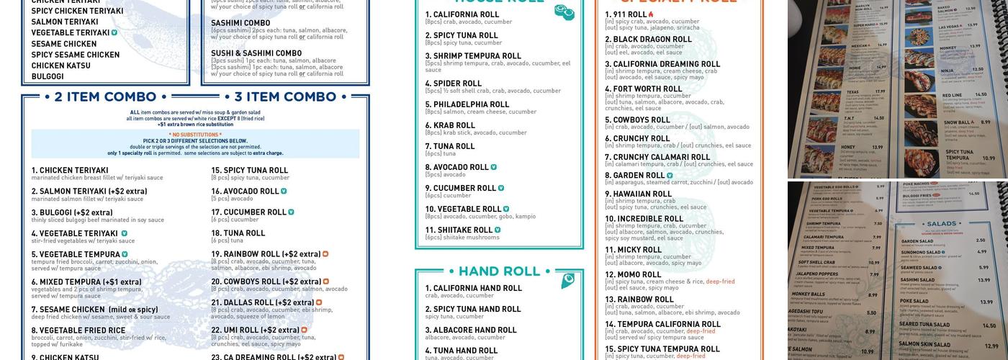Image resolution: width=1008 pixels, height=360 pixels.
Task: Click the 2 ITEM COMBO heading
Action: tap(106, 97)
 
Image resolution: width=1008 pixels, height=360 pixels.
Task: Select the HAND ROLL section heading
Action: tap(499, 271)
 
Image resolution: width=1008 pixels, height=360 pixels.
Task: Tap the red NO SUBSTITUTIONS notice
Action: tap(195, 135)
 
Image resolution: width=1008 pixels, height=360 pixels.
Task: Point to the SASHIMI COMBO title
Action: tap(240, 23)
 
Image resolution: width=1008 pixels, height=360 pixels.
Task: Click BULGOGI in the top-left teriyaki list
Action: tap(48, 76)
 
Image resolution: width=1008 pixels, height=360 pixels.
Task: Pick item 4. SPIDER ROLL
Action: tap(453, 84)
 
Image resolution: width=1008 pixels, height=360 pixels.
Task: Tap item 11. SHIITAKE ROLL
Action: tap(459, 230)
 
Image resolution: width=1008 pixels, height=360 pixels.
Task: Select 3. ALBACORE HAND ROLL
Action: tap(471, 330)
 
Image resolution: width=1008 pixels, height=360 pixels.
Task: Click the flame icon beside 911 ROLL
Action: tap(651, 14)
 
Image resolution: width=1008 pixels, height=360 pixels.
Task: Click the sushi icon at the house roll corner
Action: tap(564, 12)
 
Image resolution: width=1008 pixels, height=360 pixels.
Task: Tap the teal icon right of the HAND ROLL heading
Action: tap(568, 280)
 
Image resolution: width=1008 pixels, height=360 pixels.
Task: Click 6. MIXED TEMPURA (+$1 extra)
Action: tap(86, 282)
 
